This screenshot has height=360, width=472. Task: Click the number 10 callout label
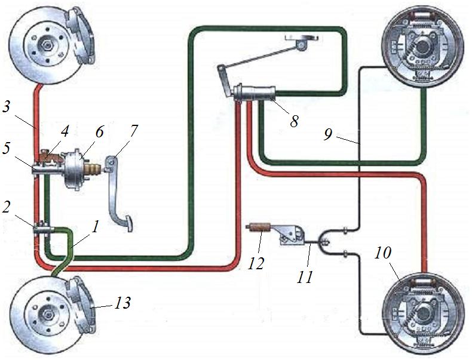[x=382, y=253]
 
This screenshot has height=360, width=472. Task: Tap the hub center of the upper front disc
[x=46, y=44]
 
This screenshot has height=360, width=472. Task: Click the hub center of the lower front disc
[x=46, y=313]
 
